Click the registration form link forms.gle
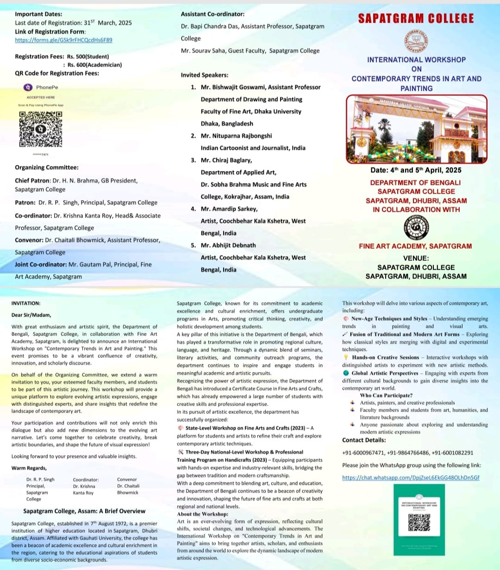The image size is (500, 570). click(63, 40)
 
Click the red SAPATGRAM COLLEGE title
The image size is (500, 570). click(416, 19)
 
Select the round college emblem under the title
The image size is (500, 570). click(416, 41)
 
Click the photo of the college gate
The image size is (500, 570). click(416, 129)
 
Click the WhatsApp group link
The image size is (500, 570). click(411, 477)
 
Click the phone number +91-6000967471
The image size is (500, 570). click(363, 453)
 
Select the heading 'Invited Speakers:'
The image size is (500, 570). click(204, 75)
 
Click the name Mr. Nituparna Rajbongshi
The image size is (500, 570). click(236, 136)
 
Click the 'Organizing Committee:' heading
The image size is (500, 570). click(47, 168)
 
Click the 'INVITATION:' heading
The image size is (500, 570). click(26, 303)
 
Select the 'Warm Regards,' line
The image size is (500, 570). click(29, 468)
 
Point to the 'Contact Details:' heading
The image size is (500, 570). click(364, 440)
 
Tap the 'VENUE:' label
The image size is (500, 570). click(416, 258)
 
